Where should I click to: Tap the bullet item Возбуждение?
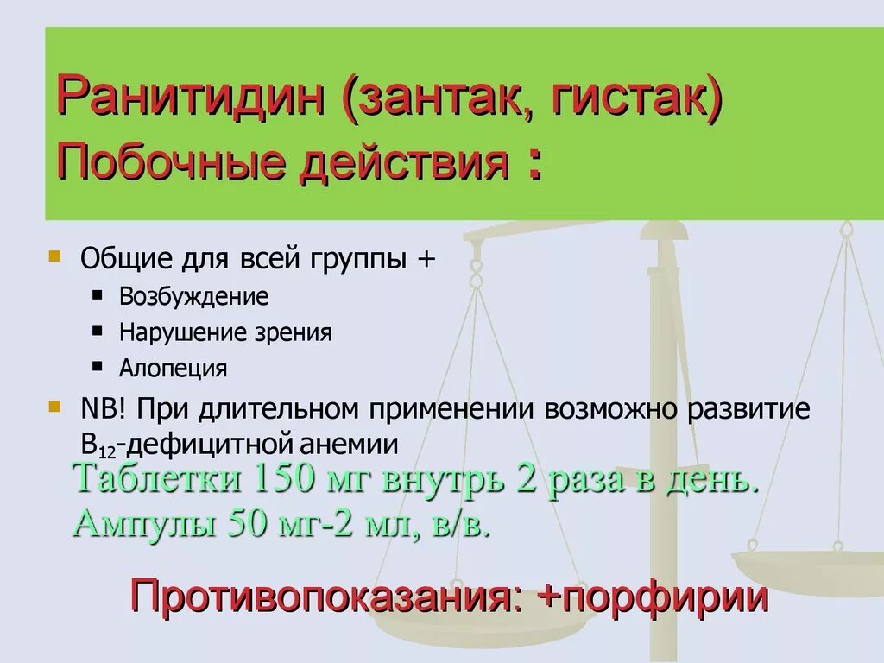pos(194,297)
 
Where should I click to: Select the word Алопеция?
pos(174,369)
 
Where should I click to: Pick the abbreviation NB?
pos(103,408)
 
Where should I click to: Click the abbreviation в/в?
pos(464,523)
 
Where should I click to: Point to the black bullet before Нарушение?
pos(98,331)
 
